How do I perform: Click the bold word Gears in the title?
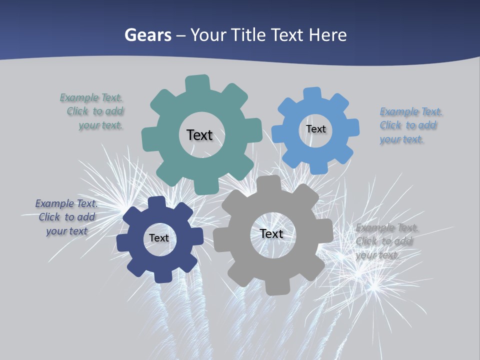click(x=147, y=35)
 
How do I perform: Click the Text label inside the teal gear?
click(x=199, y=135)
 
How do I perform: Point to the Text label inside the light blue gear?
click(x=315, y=129)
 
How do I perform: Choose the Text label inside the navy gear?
click(x=159, y=238)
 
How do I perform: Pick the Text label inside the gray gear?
click(x=271, y=234)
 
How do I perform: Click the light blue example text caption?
click(x=410, y=125)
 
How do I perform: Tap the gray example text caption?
click(x=386, y=241)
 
